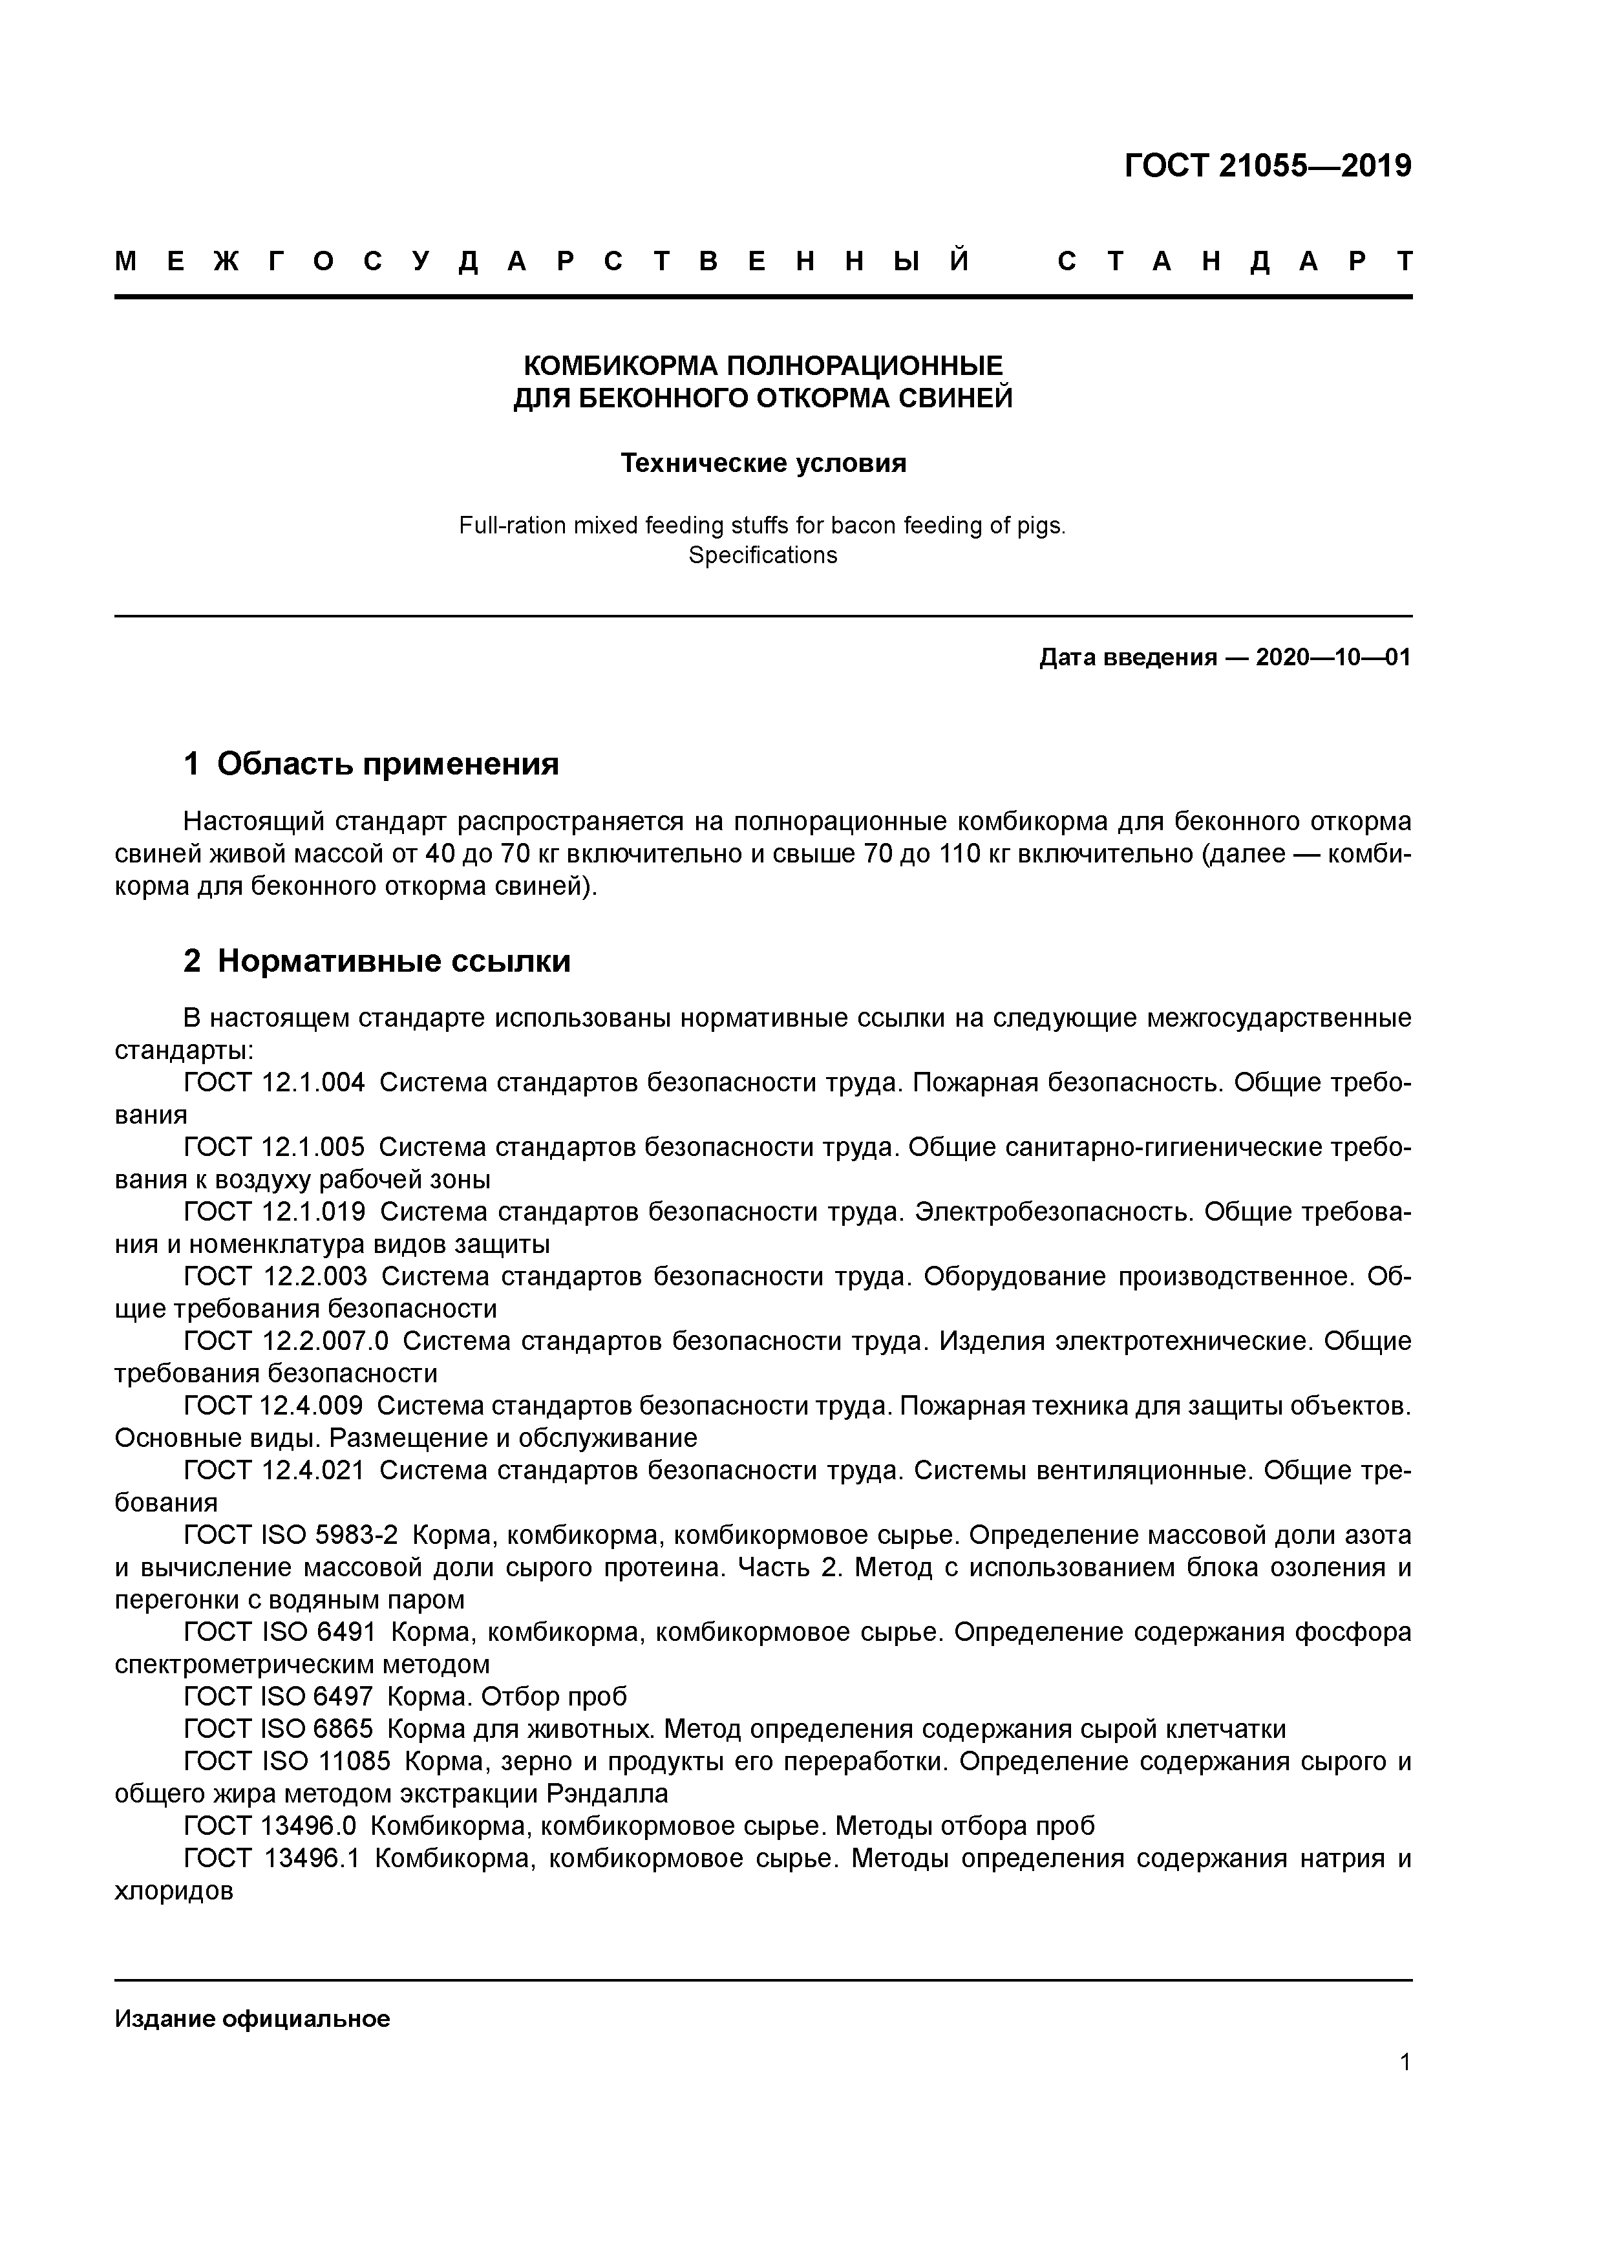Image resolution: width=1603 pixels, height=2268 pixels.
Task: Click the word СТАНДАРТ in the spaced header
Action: coord(1235,262)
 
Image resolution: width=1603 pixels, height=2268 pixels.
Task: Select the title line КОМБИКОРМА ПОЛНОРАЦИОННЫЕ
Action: coord(763,367)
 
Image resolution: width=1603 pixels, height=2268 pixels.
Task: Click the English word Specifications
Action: coord(763,555)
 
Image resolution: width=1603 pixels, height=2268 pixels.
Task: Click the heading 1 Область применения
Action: coord(372,764)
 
